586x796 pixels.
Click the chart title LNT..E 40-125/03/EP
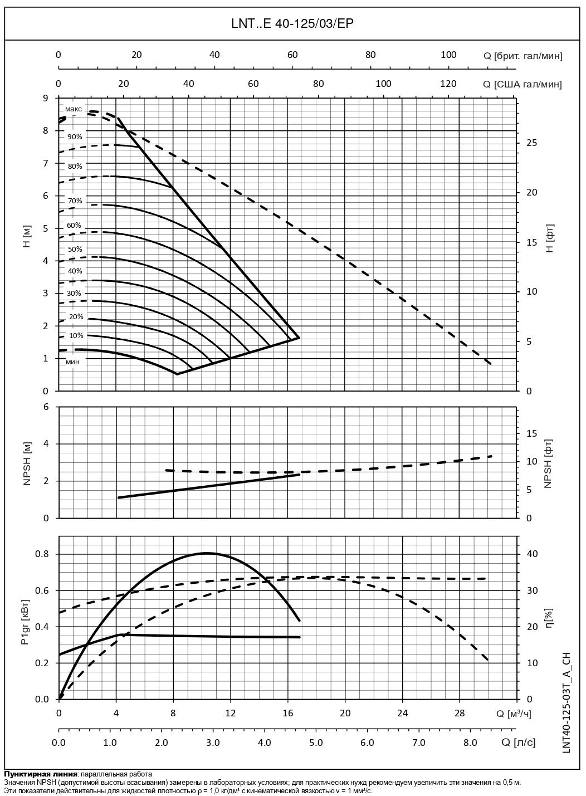coord(292,23)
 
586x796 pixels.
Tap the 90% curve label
coord(75,136)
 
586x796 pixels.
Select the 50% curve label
coord(75,249)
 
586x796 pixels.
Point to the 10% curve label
coord(76,336)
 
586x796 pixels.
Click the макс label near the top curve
coord(74,109)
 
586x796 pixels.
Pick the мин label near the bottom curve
coord(72,363)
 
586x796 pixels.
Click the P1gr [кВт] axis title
coord(25,623)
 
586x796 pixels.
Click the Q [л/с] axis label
coord(518,743)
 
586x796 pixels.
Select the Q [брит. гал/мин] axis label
coord(522,56)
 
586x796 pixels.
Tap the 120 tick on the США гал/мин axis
coord(448,84)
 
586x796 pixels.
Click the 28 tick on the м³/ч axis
coord(460,713)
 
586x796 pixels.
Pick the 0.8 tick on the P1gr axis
coord(42,554)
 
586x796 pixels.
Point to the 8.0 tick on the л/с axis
coord(470,743)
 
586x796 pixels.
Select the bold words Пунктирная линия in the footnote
coord(40,774)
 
